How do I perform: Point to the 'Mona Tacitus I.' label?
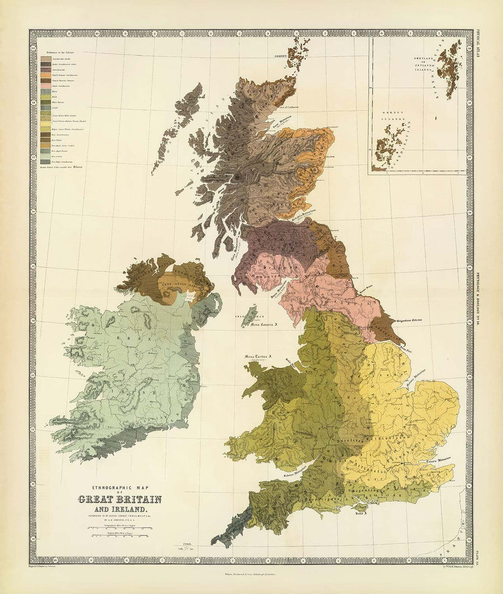(257, 356)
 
